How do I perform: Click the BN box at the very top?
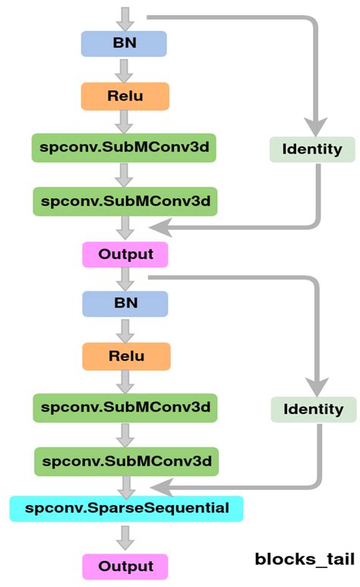coord(124,43)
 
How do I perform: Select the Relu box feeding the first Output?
coord(124,96)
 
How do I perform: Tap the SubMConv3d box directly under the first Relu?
coord(124,148)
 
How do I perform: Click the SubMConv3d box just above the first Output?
coord(125,201)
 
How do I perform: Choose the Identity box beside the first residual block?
coord(312,149)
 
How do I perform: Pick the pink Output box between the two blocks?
coord(125,254)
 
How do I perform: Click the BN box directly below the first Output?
coord(125,303)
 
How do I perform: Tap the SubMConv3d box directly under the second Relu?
coord(125,408)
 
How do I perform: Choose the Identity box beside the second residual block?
coord(313,409)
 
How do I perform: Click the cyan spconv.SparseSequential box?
coord(126,507)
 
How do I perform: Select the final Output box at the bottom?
coord(125,566)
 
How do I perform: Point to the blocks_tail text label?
coord(305,560)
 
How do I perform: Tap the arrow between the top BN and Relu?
coord(125,70)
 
